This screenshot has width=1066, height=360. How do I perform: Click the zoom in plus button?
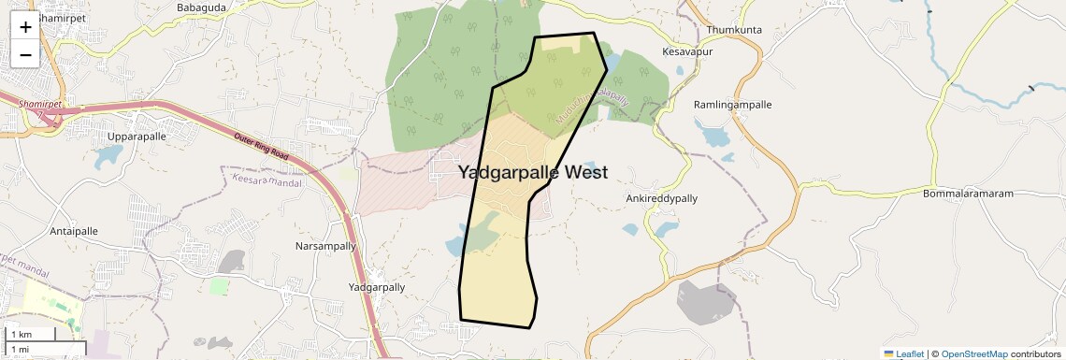click(x=25, y=27)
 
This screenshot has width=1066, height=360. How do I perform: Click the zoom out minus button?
click(x=25, y=54)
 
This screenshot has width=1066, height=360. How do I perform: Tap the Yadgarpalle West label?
click(x=533, y=172)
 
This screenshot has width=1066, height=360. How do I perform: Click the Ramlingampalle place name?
click(x=732, y=105)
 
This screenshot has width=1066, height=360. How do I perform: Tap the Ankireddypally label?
click(x=661, y=199)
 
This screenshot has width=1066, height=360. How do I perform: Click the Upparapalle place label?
click(x=137, y=137)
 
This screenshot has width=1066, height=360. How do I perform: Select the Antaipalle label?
click(x=74, y=231)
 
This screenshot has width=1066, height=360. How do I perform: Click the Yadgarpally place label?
click(x=376, y=288)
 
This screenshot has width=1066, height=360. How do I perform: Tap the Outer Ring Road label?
click(x=261, y=145)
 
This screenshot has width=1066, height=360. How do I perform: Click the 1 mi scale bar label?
click(x=20, y=350)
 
